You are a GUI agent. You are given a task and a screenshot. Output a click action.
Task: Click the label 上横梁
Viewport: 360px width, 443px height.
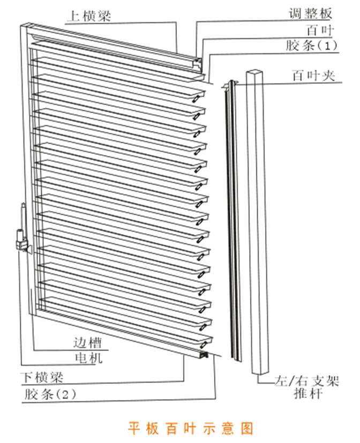[89, 16]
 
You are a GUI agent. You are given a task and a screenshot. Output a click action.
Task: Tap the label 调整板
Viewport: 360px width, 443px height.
[310, 13]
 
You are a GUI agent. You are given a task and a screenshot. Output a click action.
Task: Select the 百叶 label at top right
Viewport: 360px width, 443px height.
[320, 30]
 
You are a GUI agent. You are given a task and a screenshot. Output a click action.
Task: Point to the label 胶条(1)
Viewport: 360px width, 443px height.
[311, 45]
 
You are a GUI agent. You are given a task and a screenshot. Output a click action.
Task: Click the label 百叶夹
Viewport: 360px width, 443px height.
[313, 76]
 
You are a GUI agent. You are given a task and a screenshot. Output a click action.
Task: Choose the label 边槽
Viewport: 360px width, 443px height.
[87, 342]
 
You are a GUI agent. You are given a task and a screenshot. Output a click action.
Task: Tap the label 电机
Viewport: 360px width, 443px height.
[88, 358]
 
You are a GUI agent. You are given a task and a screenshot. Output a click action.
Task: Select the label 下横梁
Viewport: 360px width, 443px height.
[42, 377]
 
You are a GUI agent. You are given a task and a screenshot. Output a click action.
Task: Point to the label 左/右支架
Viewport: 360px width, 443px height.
[306, 381]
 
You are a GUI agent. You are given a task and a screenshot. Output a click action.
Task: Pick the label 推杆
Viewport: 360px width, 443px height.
[308, 393]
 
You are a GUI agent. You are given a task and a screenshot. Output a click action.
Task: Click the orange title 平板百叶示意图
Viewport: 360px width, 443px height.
[191, 429]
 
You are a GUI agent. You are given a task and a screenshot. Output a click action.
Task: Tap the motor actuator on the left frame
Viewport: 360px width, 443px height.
[22, 231]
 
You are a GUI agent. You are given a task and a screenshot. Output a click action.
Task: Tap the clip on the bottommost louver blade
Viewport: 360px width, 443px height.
[203, 344]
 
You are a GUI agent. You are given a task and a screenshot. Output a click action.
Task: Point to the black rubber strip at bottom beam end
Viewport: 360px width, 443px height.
[204, 354]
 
